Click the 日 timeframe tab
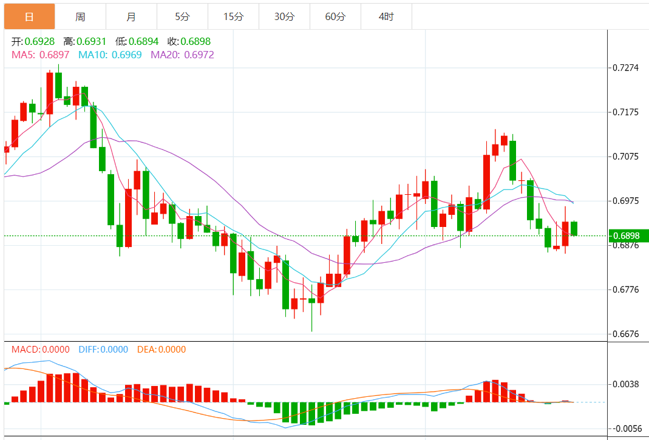coord(29,17)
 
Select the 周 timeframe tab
coord(80,17)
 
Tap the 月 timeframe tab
coord(131,17)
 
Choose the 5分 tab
coord(182,17)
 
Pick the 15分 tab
coord(233,17)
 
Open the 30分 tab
coord(284,17)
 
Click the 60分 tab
coord(335,17)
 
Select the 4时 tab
coord(386,17)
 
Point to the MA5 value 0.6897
coord(55,55)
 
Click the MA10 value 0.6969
coord(127,55)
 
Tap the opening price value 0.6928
coord(40,42)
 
